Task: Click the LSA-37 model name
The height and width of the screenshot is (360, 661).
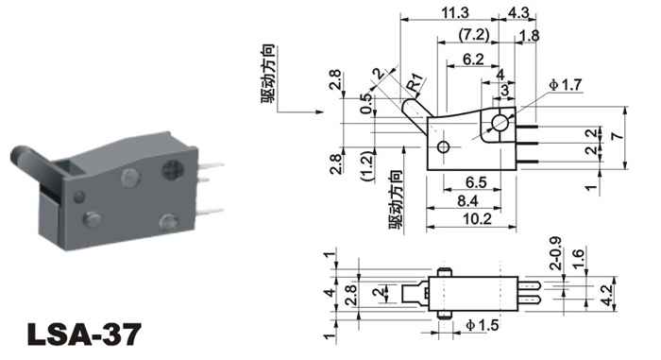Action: tap(84, 334)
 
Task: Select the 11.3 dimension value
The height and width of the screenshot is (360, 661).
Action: tap(455, 12)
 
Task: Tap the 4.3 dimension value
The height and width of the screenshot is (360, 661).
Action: tap(518, 12)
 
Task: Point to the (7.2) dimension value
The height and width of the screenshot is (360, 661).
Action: tap(474, 35)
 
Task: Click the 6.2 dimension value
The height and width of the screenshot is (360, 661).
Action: tap(473, 60)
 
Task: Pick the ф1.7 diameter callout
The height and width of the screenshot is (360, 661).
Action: tap(566, 85)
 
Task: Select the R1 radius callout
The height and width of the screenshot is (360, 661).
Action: tap(415, 82)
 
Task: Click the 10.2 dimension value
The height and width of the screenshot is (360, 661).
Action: tap(477, 219)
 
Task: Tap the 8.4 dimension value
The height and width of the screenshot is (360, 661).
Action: tap(467, 201)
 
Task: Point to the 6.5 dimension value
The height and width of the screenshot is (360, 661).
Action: tap(476, 182)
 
